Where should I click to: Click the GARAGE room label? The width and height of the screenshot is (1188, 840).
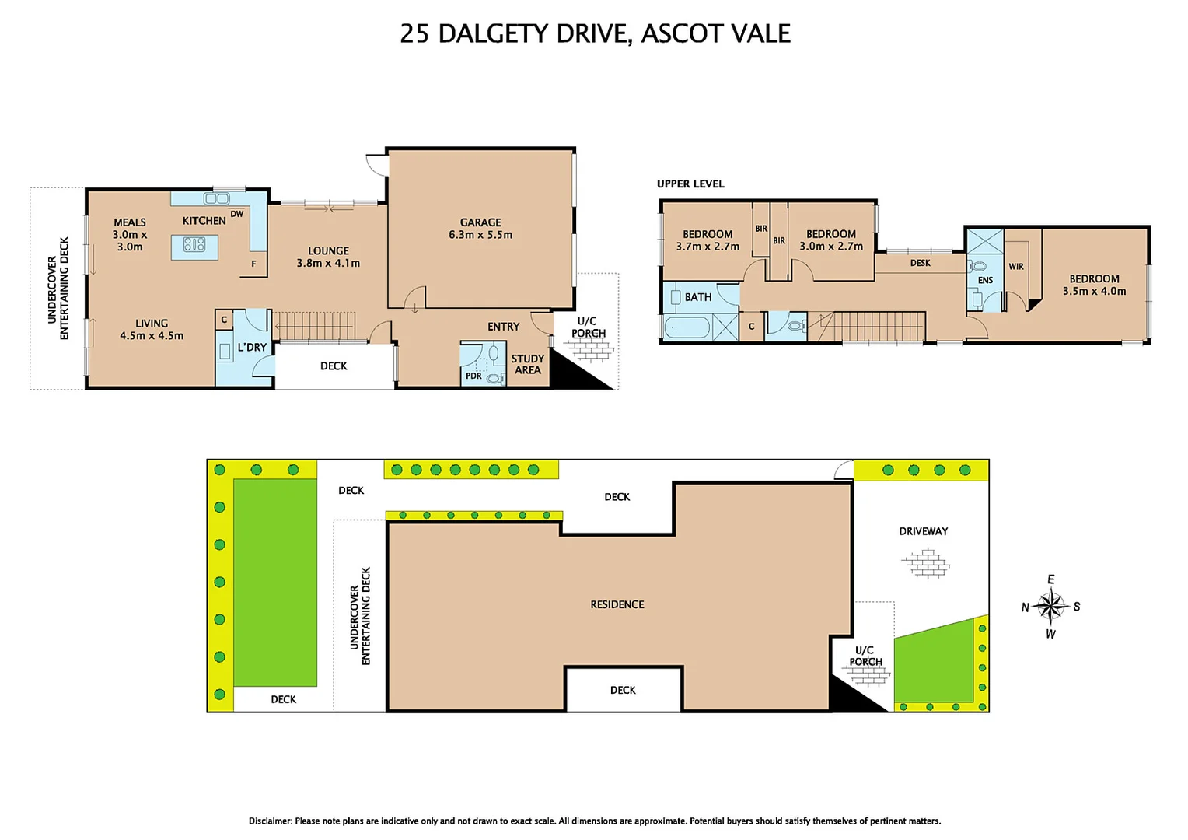pos(480,222)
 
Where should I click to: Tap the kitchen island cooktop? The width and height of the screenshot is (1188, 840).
pos(194,244)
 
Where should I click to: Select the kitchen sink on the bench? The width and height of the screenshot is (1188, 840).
pos(216,198)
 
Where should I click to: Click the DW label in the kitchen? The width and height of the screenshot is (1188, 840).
pos(237,214)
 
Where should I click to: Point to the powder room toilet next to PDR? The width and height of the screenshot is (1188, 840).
pos(494,378)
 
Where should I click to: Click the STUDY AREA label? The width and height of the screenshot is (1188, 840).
pos(528,364)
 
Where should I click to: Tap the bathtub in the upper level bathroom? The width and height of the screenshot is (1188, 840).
pos(687,327)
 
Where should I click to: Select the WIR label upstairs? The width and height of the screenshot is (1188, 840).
pos(1016,266)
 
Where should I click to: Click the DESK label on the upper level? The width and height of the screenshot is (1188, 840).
pos(920,263)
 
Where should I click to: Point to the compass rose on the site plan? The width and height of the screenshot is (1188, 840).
pos(1050,606)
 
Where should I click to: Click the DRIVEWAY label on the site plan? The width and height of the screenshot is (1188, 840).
pos(923,531)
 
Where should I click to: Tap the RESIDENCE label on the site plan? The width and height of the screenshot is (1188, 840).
pos(617,604)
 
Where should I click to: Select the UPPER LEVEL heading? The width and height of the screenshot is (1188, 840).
pos(690,184)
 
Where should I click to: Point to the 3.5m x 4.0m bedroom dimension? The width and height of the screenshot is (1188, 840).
pos(1094,291)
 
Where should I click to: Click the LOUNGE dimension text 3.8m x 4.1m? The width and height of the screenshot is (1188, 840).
pos(328,263)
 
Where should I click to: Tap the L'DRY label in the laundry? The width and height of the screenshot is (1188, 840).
pos(252,347)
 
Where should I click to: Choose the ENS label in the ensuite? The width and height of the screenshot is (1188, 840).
pos(985,280)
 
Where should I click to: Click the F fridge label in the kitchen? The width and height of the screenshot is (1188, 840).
pos(253,264)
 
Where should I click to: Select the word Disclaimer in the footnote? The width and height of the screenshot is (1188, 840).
pos(270,821)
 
